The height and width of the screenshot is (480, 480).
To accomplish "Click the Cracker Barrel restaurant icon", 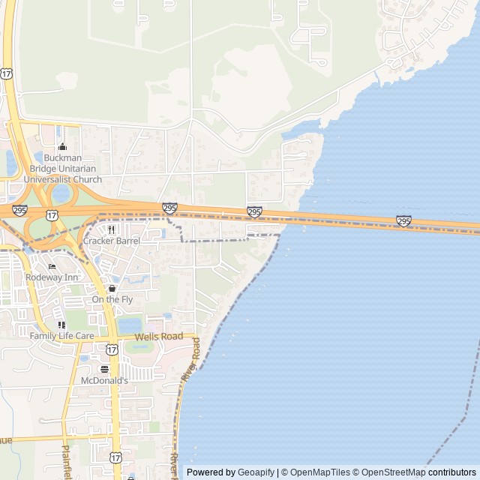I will point(111,229).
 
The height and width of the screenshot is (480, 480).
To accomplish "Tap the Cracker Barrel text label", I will point(111,241).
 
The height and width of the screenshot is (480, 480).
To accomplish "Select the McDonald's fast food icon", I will point(104,369).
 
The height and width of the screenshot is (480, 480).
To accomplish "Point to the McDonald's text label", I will point(104,380).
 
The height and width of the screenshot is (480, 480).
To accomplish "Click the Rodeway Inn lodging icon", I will point(52,266).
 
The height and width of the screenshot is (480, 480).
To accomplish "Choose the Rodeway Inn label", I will point(52,277).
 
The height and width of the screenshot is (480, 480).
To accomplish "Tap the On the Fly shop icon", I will point(112,289).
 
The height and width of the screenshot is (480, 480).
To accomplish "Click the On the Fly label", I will point(112,299).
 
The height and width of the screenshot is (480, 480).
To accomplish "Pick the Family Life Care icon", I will point(61,325).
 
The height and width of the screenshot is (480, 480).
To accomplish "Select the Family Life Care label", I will point(61,336).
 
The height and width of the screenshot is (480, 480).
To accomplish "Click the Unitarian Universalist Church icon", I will point(62,147).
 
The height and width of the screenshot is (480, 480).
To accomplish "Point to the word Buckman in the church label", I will point(62,158).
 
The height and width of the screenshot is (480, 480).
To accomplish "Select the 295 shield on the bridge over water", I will point(403,220).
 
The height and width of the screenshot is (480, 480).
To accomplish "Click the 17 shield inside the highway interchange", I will point(52,215).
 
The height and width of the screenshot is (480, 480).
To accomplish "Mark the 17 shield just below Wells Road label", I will point(112,349).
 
